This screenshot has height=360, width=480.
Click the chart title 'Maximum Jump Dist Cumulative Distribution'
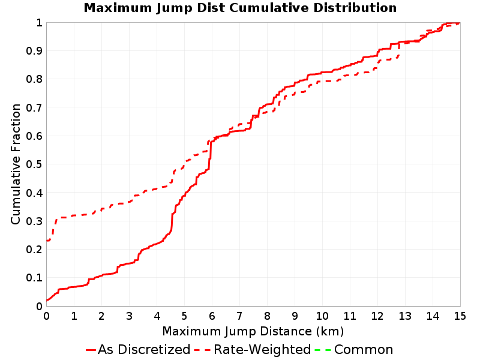click(x=241, y=8)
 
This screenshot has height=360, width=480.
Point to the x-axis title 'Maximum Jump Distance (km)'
click(x=253, y=331)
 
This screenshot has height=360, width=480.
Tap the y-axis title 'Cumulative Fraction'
click(x=16, y=164)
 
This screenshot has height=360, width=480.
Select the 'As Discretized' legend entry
click(x=138, y=350)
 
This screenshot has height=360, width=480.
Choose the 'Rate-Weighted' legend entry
click(x=253, y=350)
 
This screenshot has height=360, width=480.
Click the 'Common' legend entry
click(x=354, y=350)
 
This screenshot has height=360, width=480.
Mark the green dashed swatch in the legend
click(x=323, y=350)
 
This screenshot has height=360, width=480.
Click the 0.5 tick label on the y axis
click(x=34, y=164)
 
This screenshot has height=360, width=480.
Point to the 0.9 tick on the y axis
click(x=34, y=51)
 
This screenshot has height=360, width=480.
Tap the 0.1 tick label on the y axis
click(x=34, y=278)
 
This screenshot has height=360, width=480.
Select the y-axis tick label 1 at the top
click(x=39, y=23)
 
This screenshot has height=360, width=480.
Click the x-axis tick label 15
click(x=460, y=316)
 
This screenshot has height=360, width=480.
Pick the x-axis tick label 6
click(x=212, y=316)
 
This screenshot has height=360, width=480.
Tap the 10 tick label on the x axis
click(x=322, y=316)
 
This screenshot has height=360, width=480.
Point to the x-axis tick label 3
click(x=129, y=316)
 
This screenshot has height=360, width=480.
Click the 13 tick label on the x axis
click(x=404, y=316)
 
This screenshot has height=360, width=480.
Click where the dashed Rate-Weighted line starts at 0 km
click(x=47, y=241)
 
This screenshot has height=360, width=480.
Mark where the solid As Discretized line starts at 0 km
click(x=47, y=301)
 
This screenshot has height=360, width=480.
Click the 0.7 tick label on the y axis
click(x=34, y=108)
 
